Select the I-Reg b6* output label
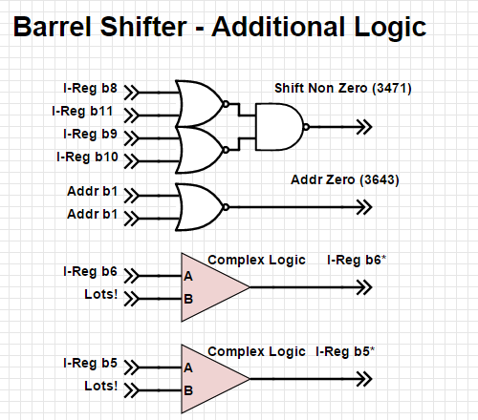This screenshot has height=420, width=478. pyautogui.click(x=357, y=260)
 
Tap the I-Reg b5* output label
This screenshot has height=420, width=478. pyautogui.click(x=345, y=352)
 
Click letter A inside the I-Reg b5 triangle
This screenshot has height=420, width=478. pyautogui.click(x=188, y=367)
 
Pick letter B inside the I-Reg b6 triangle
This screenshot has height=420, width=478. pyautogui.click(x=188, y=299)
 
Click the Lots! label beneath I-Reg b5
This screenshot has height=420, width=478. pyautogui.click(x=100, y=388)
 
